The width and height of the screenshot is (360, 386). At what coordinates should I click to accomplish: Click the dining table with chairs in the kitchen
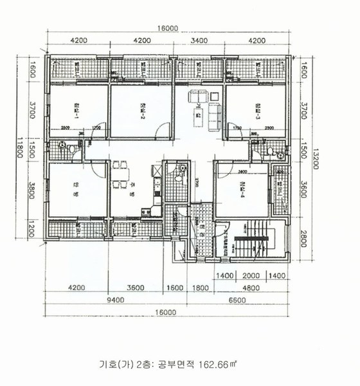(x=120, y=176)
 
